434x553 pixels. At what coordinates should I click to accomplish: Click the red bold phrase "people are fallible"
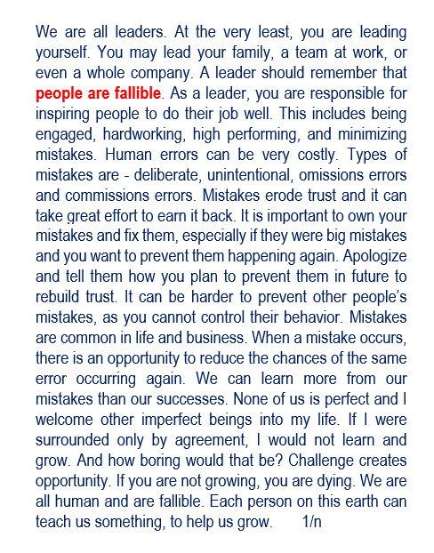click(99, 93)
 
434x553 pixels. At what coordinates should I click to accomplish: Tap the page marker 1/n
click(312, 522)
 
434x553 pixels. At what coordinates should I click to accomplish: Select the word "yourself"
click(63, 52)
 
